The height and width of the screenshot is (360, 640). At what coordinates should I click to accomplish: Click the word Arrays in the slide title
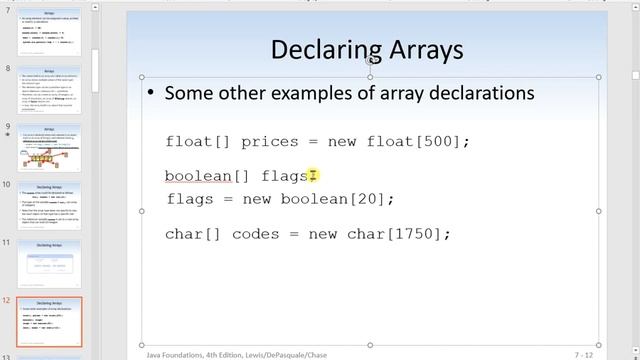tap(420, 49)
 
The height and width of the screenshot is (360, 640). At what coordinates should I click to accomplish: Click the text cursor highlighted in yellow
tap(313, 176)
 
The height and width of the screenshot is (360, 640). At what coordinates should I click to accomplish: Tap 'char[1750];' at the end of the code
tap(401, 234)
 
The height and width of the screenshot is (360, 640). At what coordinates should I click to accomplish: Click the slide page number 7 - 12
tap(587, 354)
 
